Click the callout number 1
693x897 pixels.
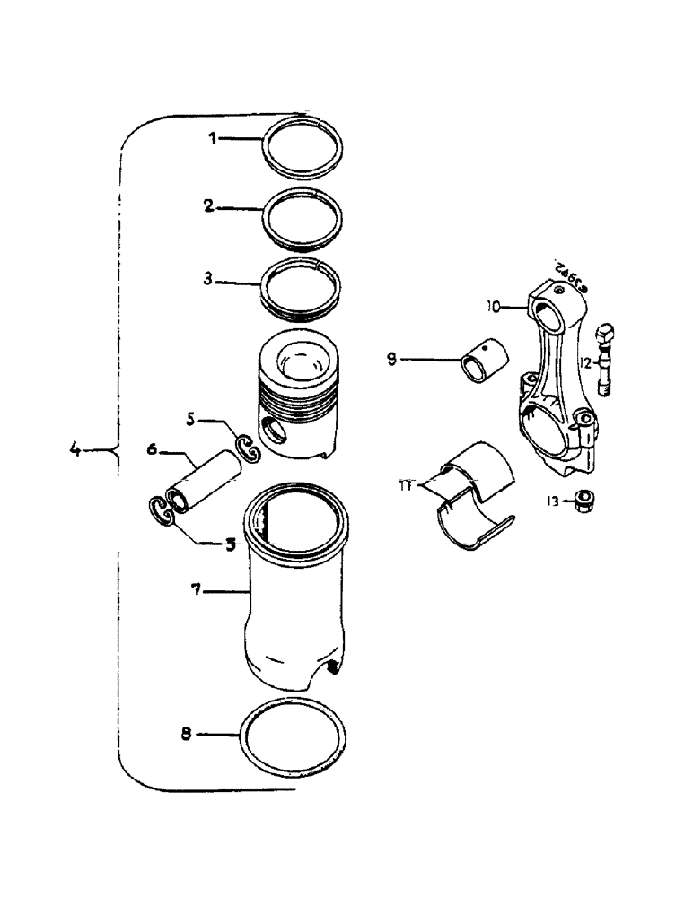(x=213, y=139)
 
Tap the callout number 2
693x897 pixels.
(x=208, y=206)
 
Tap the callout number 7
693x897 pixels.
(x=197, y=591)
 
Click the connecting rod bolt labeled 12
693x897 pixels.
(x=604, y=359)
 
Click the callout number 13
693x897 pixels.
(x=554, y=501)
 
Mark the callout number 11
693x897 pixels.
(x=409, y=486)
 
